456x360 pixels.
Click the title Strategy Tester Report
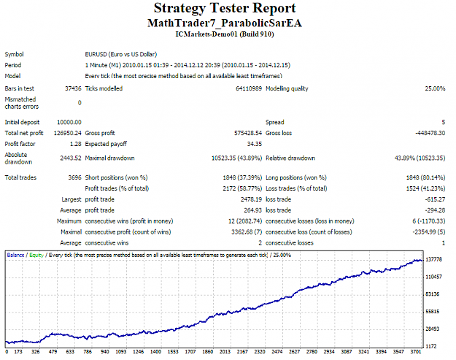pos(225,8)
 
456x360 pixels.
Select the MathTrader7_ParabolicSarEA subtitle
pos(225,23)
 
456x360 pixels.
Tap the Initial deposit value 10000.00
pos(69,122)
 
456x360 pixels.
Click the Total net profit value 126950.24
pos(67,133)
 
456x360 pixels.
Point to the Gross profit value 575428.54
pos(248,133)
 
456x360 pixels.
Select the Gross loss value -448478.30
pos(430,133)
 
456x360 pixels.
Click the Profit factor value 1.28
pos(76,144)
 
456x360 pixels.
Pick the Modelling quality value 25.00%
pos(435,88)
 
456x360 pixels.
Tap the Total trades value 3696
pos(74,177)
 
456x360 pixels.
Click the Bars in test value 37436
pos(73,88)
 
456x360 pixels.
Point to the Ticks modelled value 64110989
pos(249,88)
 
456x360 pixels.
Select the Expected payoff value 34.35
pos(255,144)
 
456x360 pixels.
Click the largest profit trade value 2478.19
pos(251,199)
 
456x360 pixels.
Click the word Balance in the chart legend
pos(16,256)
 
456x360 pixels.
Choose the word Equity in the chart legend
pos(36,256)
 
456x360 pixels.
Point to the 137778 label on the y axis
pos(433,259)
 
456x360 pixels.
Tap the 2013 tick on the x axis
pos(225,351)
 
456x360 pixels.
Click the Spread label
pos(275,122)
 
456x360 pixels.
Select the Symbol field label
pos(15,55)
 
